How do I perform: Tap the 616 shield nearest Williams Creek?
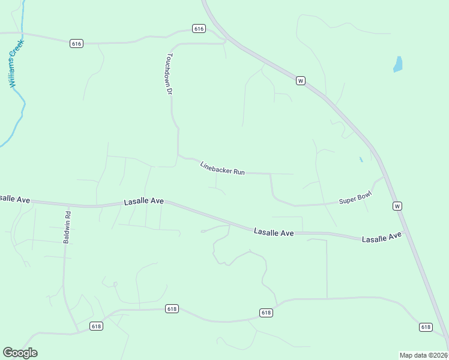click(x=76, y=43)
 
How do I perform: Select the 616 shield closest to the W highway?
click(x=199, y=28)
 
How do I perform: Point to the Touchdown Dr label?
click(x=170, y=74)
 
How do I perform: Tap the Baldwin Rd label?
click(x=68, y=226)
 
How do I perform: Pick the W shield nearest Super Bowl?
click(x=397, y=206)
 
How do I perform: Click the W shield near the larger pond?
click(x=301, y=80)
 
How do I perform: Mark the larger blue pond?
click(x=397, y=64)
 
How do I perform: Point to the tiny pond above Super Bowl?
click(x=361, y=160)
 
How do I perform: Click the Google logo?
click(x=20, y=353)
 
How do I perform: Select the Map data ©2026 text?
click(x=423, y=355)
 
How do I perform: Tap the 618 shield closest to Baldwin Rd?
click(x=96, y=326)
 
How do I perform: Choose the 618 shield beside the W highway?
click(x=426, y=327)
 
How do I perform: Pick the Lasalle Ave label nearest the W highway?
click(x=381, y=238)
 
